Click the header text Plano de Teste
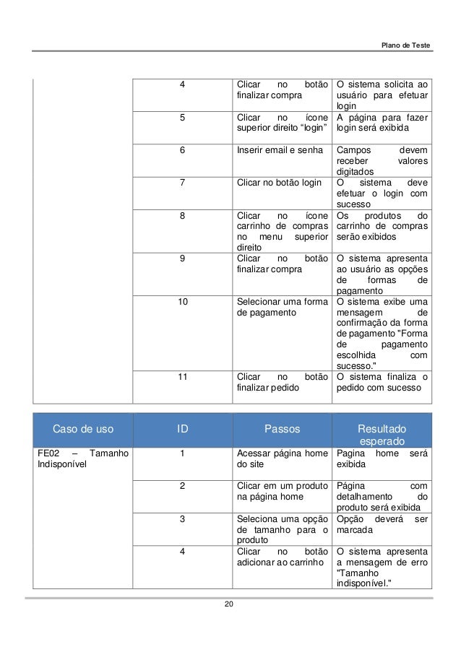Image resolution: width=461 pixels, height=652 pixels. [x=406, y=46]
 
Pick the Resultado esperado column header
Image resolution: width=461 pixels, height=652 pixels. [x=382, y=435]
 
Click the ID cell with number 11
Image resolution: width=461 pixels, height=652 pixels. [x=183, y=376]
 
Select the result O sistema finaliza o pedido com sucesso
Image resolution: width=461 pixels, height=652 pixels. [x=382, y=382]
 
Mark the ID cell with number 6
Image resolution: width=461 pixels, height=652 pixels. [x=183, y=150]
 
